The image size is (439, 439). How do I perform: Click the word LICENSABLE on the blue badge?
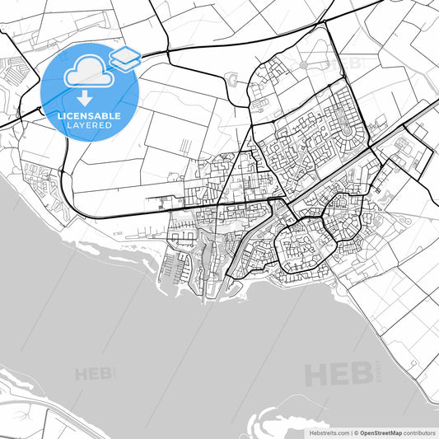(90, 114)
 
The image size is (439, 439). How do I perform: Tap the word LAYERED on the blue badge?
(90, 125)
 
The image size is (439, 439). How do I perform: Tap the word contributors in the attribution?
(421, 432)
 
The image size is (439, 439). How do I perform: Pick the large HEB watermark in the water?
(339, 375)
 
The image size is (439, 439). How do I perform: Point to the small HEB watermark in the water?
(95, 374)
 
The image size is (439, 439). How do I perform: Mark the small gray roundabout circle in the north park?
(308, 63)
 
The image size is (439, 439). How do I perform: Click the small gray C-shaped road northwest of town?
(231, 80)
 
